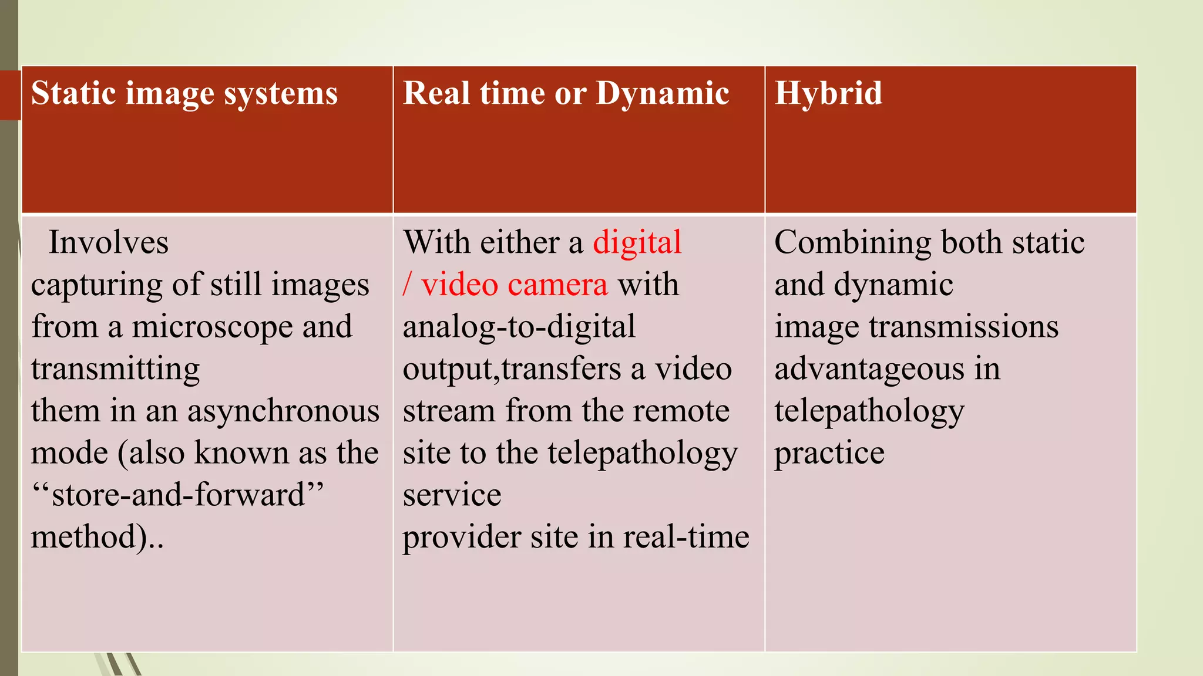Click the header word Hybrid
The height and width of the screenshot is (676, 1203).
(828, 94)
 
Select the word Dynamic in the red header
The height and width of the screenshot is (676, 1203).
(663, 94)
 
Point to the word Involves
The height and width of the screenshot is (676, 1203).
(109, 242)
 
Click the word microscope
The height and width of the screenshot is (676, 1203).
(212, 327)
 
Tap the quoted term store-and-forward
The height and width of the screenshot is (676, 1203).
(178, 495)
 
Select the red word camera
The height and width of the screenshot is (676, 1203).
(557, 285)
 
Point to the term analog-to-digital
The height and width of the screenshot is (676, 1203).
(519, 327)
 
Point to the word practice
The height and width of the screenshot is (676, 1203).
(829, 454)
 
